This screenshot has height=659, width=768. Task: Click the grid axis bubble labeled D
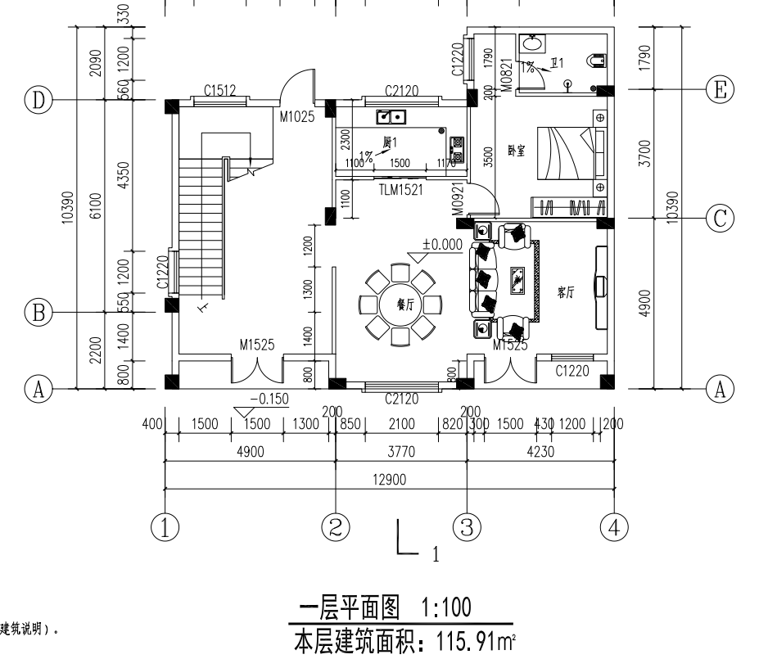[x=38, y=101]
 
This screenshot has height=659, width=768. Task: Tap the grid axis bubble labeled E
[x=720, y=89]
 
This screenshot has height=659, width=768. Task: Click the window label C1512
[x=220, y=91]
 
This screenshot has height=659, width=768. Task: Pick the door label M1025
[x=296, y=117]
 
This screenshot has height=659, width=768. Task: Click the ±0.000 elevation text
[x=442, y=244]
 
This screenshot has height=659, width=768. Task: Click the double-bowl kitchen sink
[x=388, y=117]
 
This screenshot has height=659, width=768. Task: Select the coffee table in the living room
[x=517, y=281]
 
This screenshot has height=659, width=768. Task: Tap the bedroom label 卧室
[x=517, y=151]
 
